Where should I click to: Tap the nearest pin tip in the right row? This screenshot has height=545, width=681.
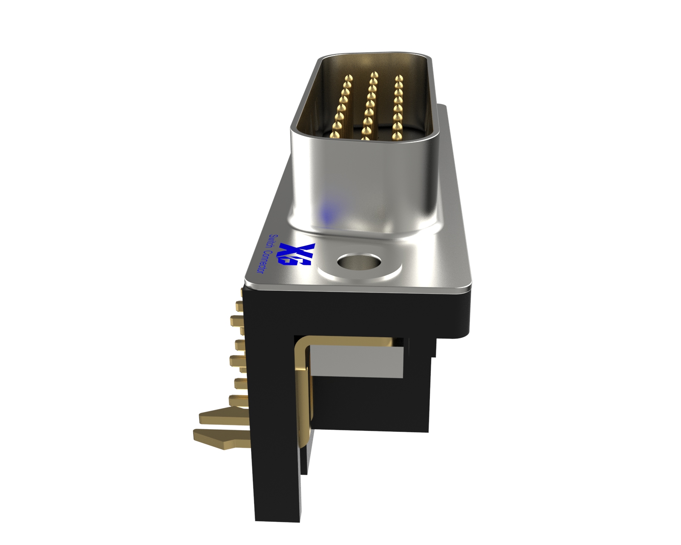pos(397,136)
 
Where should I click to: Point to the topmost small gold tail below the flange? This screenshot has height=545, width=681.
pos(239,305)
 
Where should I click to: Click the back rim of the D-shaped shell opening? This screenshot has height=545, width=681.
pos(375,56)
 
